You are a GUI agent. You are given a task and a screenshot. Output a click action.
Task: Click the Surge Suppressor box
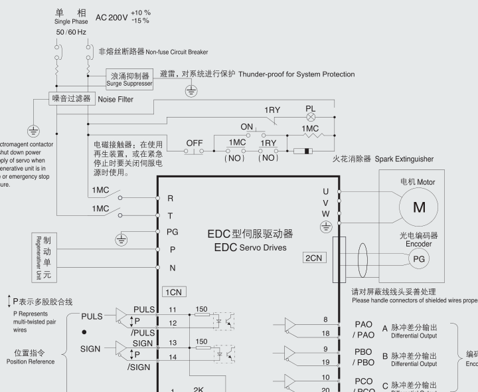point(129,79)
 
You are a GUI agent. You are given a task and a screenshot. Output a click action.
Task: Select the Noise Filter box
point(71,99)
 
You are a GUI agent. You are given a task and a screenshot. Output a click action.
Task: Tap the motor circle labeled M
point(419,207)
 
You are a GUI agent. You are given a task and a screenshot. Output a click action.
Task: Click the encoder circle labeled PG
point(418,259)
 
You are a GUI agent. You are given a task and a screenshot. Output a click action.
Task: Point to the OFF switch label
point(195,143)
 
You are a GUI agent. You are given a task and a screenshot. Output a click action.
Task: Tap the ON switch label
point(247,127)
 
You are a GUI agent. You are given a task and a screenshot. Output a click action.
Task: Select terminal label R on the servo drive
point(171,198)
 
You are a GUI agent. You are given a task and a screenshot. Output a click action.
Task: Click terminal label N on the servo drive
point(173,268)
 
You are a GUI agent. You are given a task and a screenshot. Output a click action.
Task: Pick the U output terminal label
point(325,191)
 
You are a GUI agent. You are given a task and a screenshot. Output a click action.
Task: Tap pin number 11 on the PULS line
point(172,310)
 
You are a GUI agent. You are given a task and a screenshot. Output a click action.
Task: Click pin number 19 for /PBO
point(325,362)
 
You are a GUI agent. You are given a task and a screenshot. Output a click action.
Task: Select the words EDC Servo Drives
point(250,247)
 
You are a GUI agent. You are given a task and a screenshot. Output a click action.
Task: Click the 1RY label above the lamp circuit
point(272,110)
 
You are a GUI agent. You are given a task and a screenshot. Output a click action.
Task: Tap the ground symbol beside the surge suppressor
point(191,91)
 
